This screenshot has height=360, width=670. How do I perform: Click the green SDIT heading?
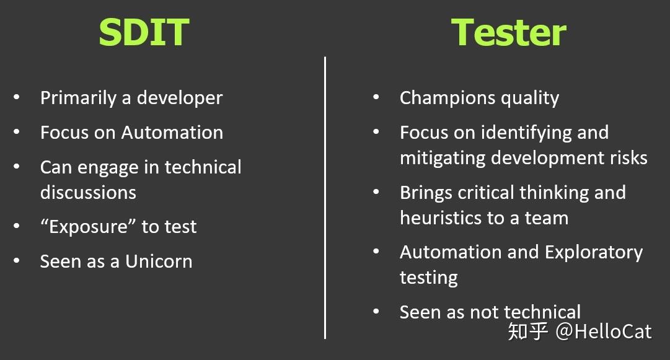coord(144,32)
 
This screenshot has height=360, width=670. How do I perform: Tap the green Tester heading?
coord(508,32)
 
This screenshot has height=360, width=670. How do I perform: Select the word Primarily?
coord(78,99)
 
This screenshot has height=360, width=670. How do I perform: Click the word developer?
coord(180,99)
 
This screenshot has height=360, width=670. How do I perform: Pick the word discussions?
coord(88,193)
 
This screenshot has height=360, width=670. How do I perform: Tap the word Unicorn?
coord(159,261)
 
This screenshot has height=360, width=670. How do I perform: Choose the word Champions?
coord(448,99)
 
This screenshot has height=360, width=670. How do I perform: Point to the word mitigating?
coord(443,158)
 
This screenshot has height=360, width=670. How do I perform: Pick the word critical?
coord(487,193)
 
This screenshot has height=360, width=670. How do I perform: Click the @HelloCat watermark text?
coord(603,331)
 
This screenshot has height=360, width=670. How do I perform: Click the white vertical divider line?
coord(325,198)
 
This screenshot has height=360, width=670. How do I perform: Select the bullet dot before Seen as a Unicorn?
coord(17,260)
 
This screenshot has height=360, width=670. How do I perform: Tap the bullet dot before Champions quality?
coord(376,97)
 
